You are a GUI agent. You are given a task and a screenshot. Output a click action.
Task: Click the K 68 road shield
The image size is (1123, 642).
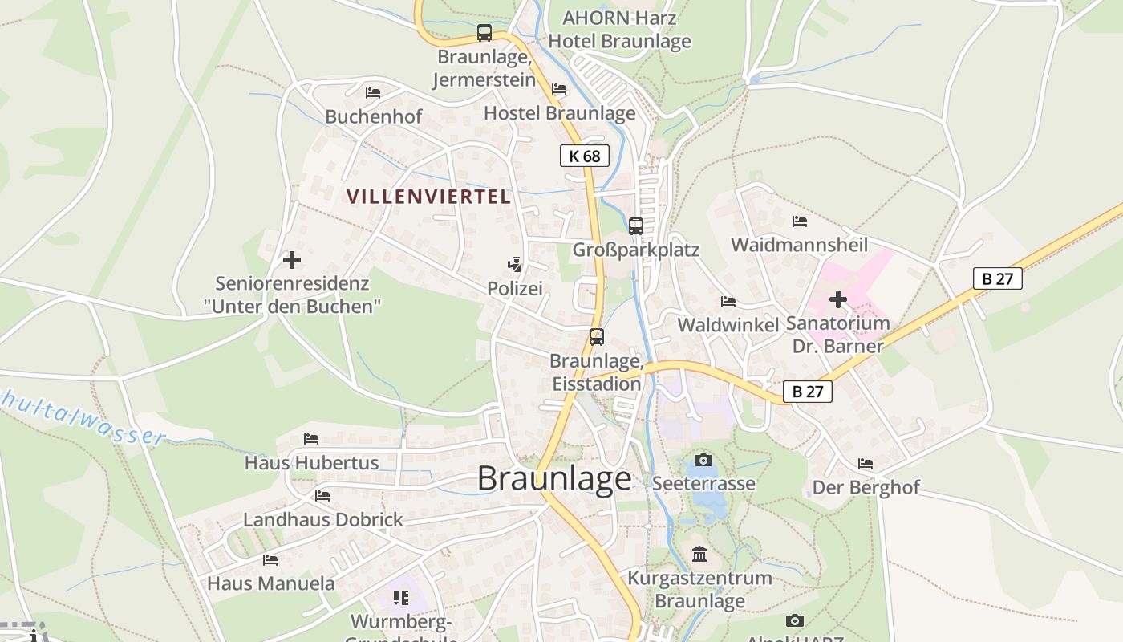point(585,156)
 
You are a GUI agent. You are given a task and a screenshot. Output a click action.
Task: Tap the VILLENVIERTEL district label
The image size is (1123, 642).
point(429,197)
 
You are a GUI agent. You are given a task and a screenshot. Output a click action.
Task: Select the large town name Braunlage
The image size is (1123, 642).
point(554,479)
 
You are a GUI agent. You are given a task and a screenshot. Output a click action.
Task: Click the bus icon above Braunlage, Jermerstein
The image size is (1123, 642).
point(484,33)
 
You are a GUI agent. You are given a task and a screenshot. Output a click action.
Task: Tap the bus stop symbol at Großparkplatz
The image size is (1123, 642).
point(636,226)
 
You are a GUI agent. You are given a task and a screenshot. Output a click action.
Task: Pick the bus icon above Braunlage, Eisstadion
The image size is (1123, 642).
point(597,337)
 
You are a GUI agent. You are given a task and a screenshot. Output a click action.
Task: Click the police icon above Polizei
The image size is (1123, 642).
point(515,264)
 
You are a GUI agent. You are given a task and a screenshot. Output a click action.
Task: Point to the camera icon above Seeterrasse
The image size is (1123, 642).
point(703,460)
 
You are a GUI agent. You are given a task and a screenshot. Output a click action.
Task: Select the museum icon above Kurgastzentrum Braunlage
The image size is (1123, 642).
point(699,554)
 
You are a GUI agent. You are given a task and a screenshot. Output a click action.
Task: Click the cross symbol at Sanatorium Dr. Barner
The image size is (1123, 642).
point(838,300)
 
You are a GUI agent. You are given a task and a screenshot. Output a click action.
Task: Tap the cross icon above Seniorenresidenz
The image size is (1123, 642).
point(292,260)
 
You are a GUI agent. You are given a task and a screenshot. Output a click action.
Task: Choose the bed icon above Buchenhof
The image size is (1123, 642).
point(372,93)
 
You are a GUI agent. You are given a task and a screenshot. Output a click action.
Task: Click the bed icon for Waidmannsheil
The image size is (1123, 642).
point(799,221)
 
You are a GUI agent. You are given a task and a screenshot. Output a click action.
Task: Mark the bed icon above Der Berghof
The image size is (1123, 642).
point(866,464)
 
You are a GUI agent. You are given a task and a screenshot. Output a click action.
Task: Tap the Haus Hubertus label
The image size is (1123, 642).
point(311,463)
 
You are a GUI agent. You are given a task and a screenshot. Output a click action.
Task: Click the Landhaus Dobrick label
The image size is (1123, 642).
point(323,519)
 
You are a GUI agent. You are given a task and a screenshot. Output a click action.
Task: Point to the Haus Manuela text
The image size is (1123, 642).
point(271,583)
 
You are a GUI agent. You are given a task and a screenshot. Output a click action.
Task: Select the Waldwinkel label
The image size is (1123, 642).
point(728,325)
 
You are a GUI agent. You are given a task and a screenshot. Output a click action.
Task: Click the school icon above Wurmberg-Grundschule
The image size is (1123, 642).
point(401,597)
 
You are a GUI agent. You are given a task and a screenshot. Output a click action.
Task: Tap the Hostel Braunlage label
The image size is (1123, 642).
point(560,113)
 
